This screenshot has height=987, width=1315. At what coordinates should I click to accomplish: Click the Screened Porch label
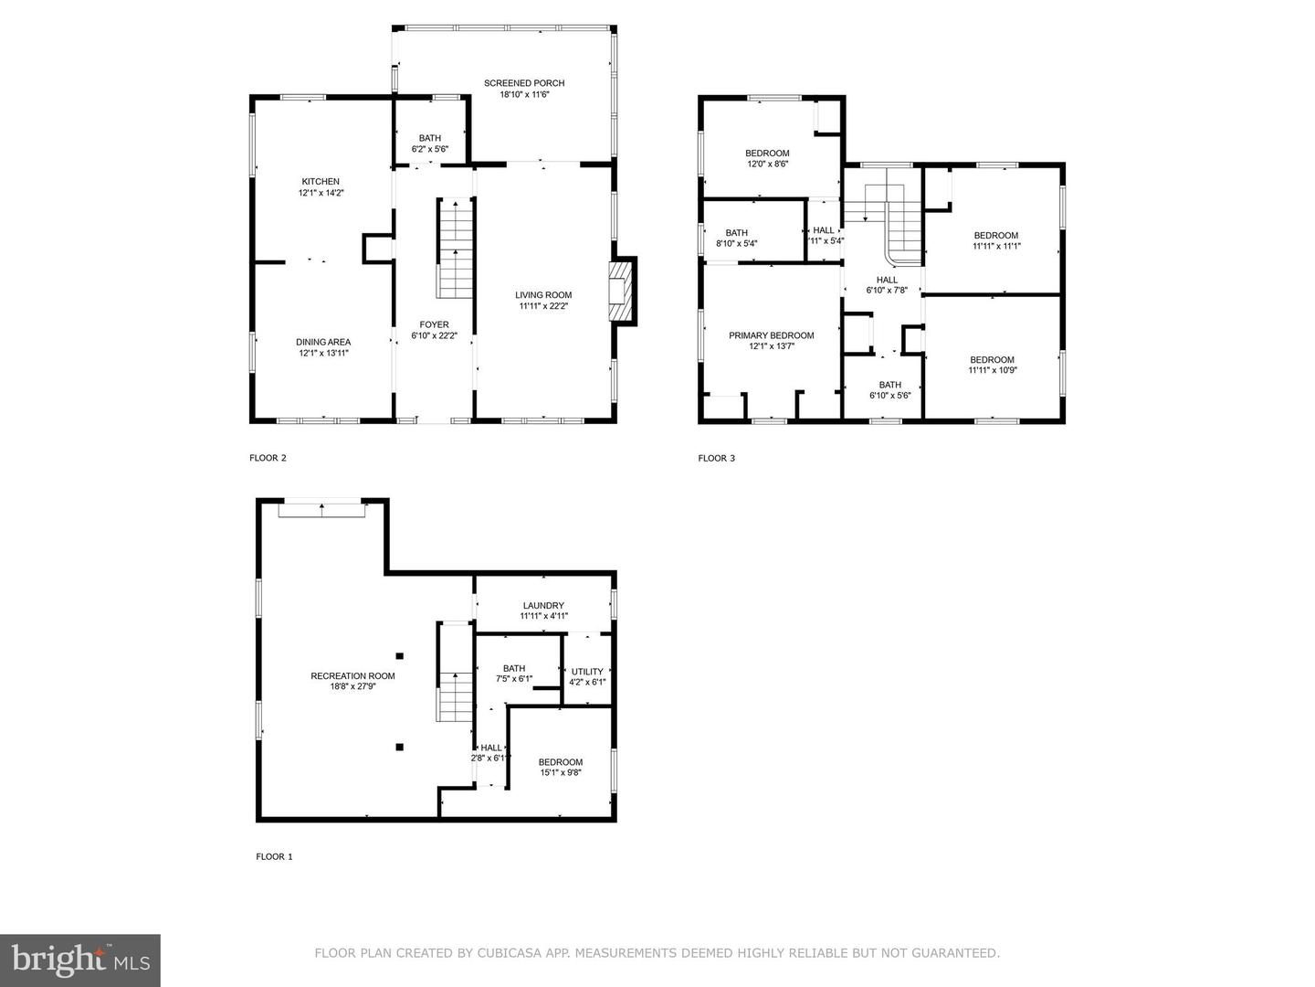point(524,83)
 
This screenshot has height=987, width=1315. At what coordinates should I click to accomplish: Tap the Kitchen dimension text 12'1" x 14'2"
point(321,192)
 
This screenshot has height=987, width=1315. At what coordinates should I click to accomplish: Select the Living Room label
point(543,295)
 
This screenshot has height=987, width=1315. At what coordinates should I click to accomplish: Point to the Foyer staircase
point(456,248)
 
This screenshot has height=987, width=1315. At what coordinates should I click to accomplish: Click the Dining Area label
point(323,342)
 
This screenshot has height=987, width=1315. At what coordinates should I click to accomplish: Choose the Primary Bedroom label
point(771,335)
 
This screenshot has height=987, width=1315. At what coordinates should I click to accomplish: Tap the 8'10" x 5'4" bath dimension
point(736,243)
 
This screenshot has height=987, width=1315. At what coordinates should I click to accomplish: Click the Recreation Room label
point(352,676)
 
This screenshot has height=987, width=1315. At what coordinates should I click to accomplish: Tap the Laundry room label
point(543,605)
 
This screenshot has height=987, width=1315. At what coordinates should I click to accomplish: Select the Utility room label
point(587,672)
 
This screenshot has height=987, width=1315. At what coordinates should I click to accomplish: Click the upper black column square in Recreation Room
point(400,655)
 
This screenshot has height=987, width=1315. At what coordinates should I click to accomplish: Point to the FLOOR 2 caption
point(268,458)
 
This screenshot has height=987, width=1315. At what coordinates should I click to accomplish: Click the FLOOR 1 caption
point(274,856)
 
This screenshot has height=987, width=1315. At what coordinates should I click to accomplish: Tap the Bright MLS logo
point(80,960)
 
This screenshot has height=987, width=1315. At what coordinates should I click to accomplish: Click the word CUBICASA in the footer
point(507,953)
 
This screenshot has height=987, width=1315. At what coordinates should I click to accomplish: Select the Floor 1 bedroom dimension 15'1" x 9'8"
point(561,772)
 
